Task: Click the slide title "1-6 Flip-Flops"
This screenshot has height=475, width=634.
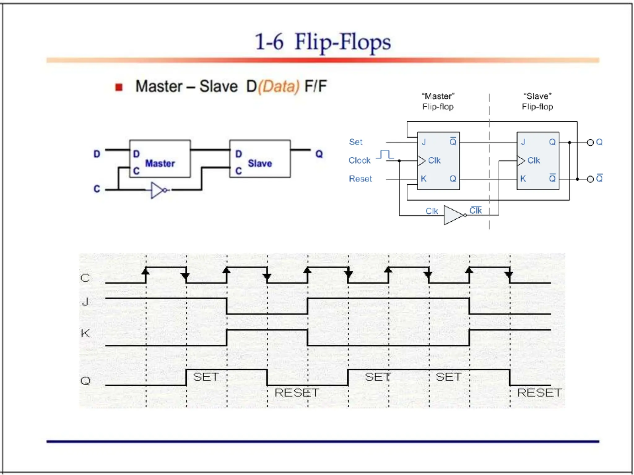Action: pos(323,42)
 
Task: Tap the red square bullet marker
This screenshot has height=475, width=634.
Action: pos(119,87)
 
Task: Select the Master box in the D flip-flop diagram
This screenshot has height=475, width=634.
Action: pos(160,159)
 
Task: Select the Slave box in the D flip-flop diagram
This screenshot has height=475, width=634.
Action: pos(260,159)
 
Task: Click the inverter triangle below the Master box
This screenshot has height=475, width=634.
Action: pos(157,190)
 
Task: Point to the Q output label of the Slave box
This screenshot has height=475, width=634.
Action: pos(319,154)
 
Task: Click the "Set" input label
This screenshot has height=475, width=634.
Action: pos(355,142)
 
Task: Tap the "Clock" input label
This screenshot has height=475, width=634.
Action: pos(359,160)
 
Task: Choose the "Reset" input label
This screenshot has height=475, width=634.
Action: pos(360,179)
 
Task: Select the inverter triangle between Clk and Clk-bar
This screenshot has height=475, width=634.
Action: pos(454,215)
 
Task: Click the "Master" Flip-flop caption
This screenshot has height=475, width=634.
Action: pos(438,101)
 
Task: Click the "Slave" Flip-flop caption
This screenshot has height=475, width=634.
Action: pos(537,101)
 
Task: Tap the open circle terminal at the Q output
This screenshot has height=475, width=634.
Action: pos(590,143)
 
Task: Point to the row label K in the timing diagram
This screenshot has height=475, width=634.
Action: pos(85,333)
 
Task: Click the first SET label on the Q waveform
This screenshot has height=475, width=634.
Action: pos(206,377)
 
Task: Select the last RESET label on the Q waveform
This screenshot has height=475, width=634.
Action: pos(539,393)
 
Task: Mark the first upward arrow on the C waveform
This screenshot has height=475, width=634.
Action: pos(146,271)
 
